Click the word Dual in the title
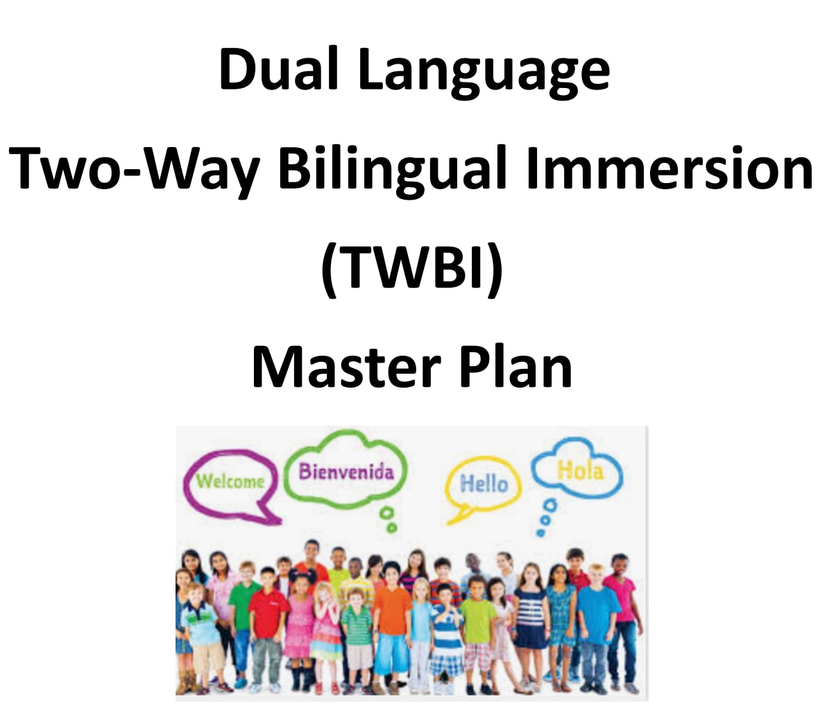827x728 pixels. [278, 69]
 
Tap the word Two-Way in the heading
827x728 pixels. [134, 169]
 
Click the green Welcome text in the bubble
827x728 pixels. [230, 481]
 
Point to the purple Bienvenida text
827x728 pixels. [346, 471]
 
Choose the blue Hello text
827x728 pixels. [484, 483]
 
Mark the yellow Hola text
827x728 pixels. [580, 469]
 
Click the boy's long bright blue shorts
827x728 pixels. [391, 655]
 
